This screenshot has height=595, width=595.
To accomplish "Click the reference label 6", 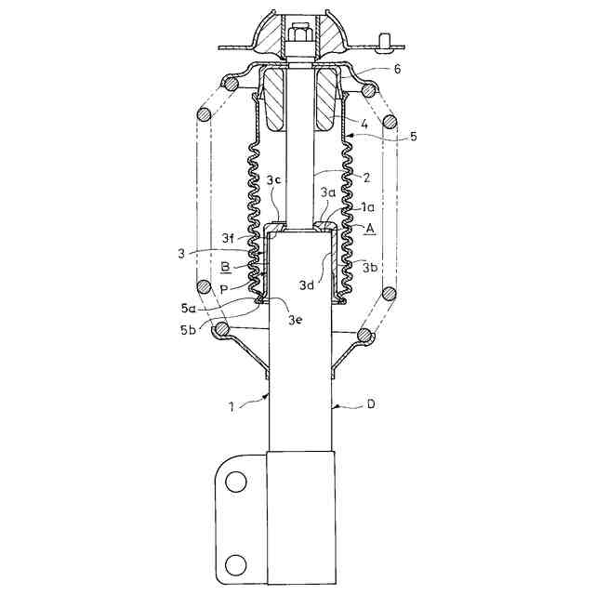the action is (x=397, y=69).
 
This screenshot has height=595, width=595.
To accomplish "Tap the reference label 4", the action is (x=364, y=124).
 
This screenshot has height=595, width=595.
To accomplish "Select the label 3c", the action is (x=273, y=180).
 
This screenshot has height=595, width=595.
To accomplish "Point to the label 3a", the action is (x=328, y=192).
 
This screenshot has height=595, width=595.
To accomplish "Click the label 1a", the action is (x=367, y=207).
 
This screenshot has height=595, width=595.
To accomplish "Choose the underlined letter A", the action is (x=370, y=229).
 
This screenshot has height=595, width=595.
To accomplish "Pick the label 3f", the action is (x=228, y=239).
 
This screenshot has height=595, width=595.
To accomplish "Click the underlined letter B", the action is (x=225, y=268).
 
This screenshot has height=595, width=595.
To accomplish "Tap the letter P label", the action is (x=224, y=290).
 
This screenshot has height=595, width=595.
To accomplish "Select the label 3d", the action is (x=307, y=285).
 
